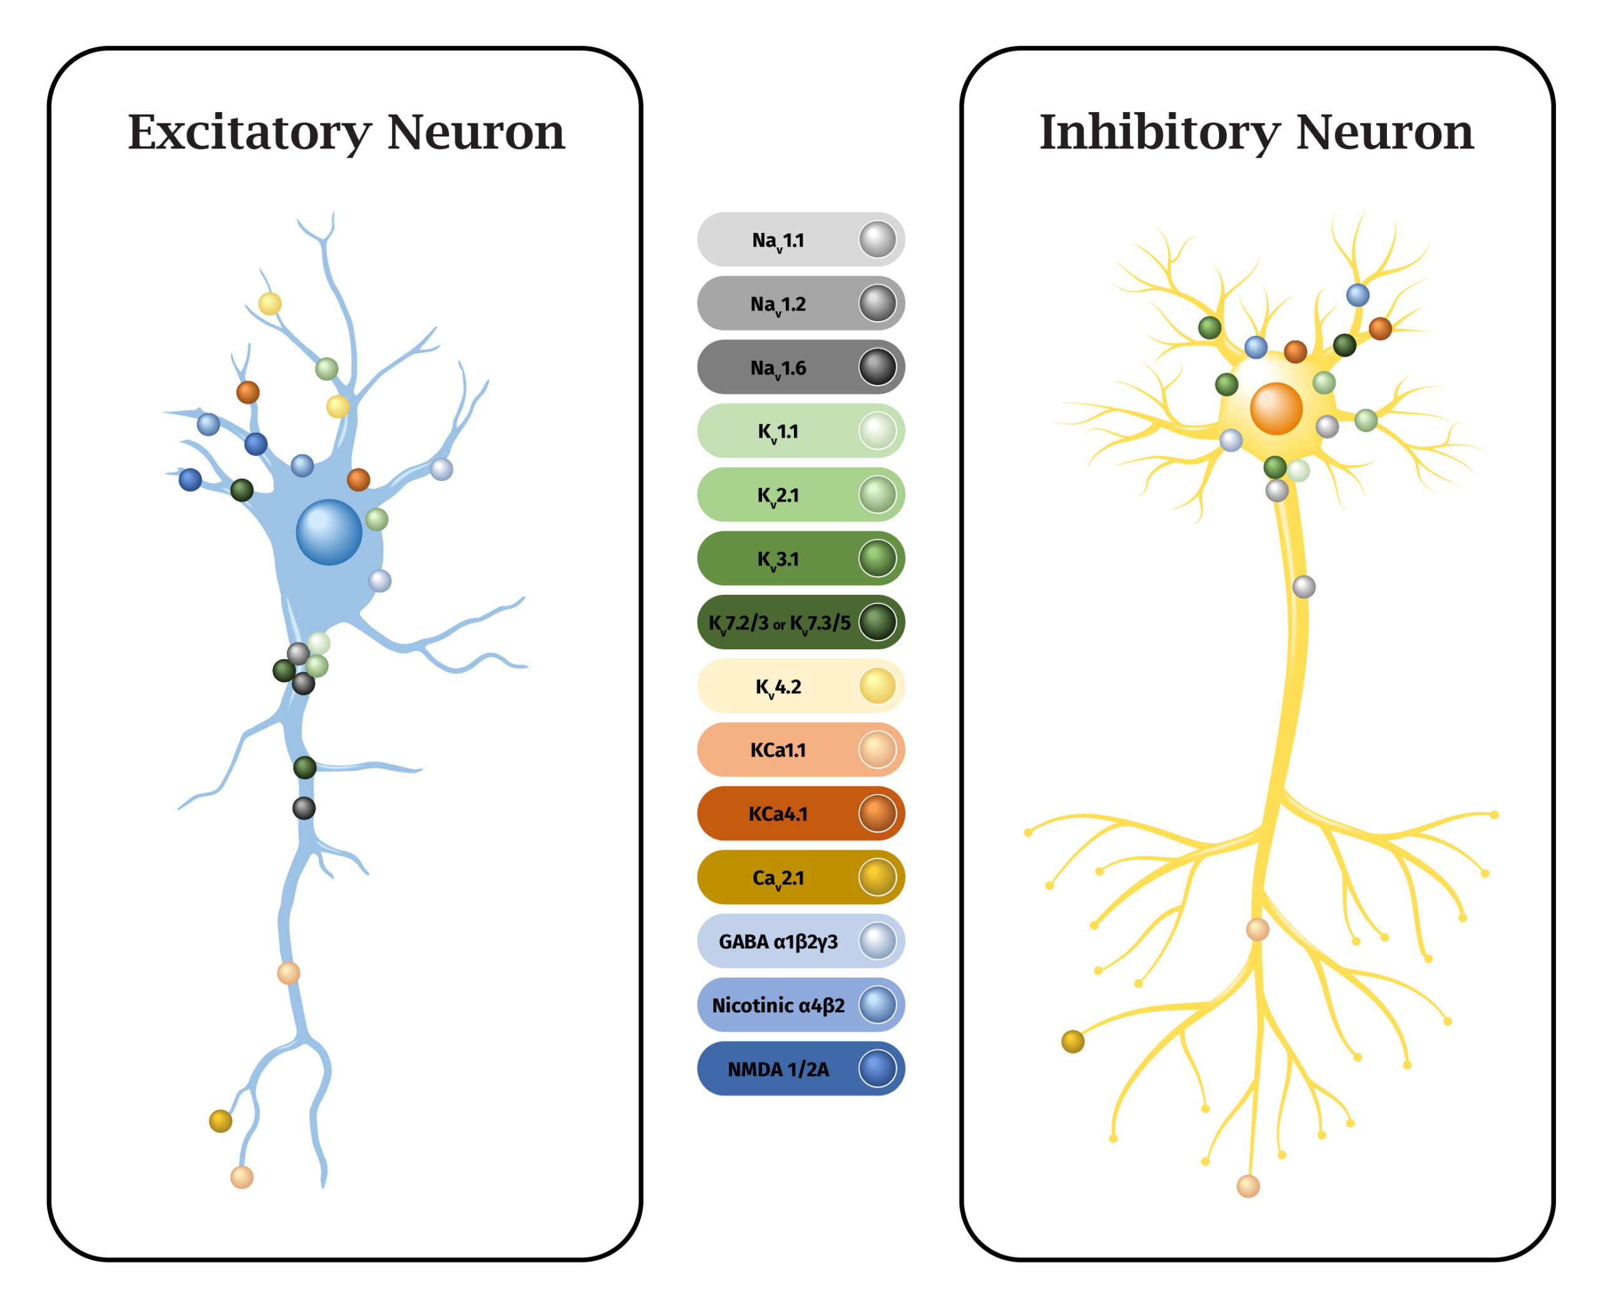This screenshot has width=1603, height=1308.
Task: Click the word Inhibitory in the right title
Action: coord(1159,133)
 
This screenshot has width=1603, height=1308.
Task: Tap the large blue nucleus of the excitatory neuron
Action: coord(329,532)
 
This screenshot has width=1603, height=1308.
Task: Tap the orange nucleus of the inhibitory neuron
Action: coord(1276,409)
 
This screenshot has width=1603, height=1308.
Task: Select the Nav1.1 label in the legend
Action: coord(778,241)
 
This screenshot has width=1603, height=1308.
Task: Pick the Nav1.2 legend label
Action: coord(778,305)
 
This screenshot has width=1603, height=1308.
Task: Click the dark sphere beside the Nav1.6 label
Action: coord(878,368)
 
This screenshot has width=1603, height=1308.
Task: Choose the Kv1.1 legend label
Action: coord(778,433)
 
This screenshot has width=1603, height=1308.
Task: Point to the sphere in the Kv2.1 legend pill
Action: coord(878,495)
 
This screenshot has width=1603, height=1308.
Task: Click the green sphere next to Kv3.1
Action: coord(878,559)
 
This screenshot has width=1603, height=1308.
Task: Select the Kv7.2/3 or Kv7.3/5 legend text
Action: coord(780,624)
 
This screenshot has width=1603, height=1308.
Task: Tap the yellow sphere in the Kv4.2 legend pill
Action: coord(878,686)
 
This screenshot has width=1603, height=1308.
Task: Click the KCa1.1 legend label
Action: coord(778,751)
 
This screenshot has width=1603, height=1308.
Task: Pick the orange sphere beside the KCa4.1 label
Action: coord(878,814)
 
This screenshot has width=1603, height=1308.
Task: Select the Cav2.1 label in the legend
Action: coord(778,879)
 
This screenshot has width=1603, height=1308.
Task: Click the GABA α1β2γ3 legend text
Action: coord(778,942)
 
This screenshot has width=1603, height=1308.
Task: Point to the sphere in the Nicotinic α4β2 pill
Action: coord(878,1005)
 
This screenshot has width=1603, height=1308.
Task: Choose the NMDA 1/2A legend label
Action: coord(778,1070)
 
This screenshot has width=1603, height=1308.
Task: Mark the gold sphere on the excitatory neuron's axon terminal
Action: coord(220,1121)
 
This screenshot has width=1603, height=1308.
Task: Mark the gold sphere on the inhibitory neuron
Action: coord(1073,1042)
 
